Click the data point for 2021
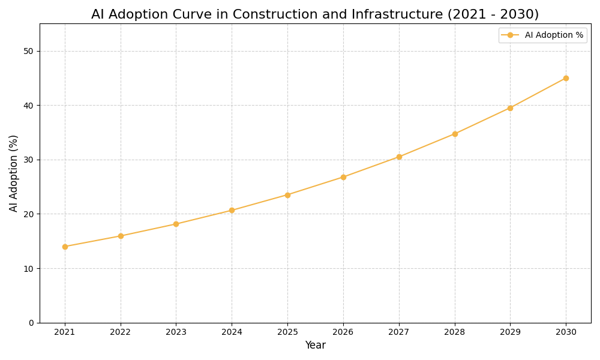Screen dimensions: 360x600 coord(65,247)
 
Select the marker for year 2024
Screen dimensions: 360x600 coord(232,211)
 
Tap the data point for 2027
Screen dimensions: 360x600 coord(399,157)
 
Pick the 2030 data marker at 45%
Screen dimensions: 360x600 coord(566,78)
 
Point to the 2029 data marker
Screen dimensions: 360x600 coord(510,108)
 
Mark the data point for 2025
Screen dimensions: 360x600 coord(287,195)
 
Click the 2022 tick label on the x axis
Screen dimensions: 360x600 coord(121,332)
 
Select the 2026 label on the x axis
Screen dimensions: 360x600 coord(343,332)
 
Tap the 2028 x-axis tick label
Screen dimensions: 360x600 coord(455,332)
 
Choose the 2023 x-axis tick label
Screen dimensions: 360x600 coord(176,332)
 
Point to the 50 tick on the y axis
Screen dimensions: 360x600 coord(29,51)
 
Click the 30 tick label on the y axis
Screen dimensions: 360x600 coord(29,160)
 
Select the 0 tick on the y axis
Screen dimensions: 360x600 coord(31,323)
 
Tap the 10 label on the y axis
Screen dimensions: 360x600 coord(29,268)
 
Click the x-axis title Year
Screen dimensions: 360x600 coord(315,346)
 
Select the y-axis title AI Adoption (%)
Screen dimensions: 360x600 coord(14,173)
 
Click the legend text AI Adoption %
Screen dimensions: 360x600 coord(554,35)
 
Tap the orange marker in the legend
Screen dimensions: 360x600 coord(510,35)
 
